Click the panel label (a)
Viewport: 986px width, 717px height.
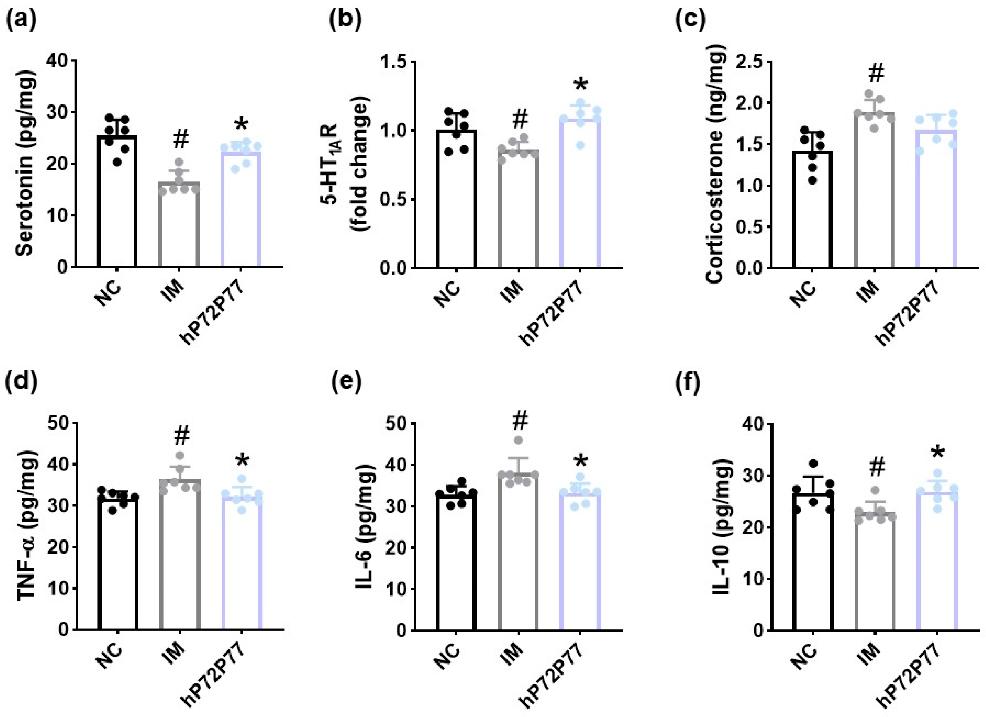21,20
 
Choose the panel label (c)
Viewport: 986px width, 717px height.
690,20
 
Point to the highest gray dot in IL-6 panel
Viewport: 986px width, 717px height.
518,440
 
